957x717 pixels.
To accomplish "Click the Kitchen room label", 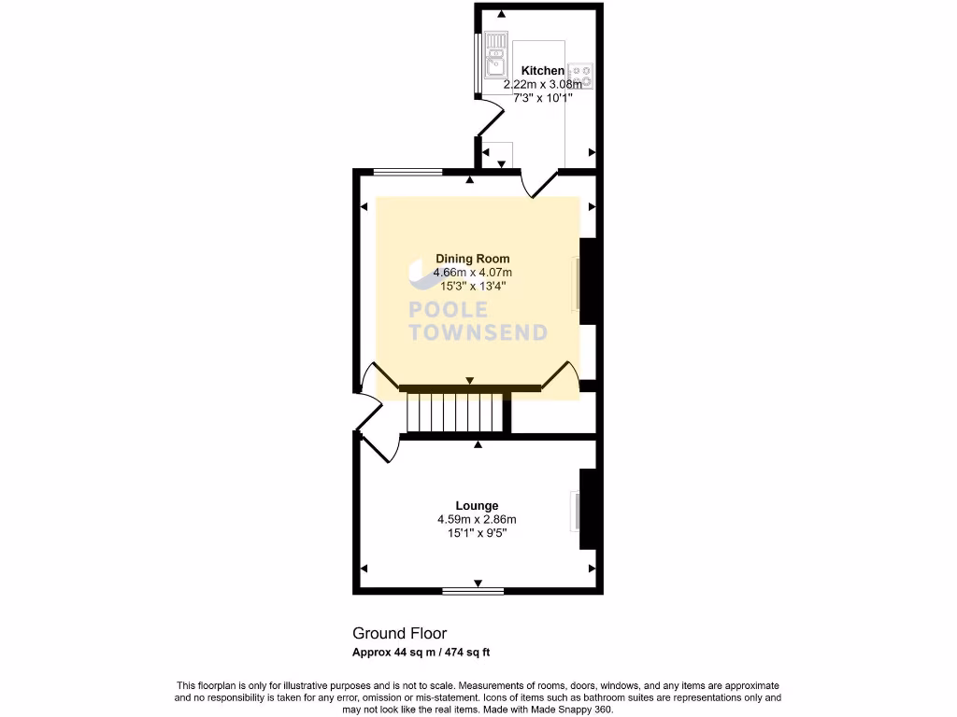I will tap(542, 71).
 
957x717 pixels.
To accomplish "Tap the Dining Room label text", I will tap(473, 259).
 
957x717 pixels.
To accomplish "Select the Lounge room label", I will tap(478, 506).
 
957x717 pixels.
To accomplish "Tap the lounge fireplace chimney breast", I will tap(588, 509).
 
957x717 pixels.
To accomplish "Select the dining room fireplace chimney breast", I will tap(588, 281).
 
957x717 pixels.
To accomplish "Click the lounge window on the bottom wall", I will tap(473, 591).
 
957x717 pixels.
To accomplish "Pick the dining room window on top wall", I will tap(407, 172).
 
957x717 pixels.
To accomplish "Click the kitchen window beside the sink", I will tap(478, 63).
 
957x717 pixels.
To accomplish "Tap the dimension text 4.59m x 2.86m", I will tap(477, 520).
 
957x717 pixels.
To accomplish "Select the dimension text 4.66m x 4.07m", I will tap(473, 273).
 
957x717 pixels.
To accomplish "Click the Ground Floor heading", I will tap(393, 633).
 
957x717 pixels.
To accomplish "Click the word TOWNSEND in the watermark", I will tap(478, 332).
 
